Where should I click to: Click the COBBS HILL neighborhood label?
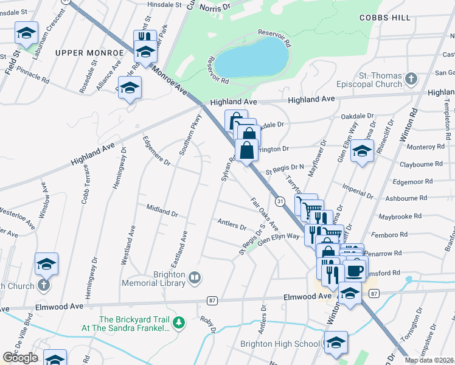[385, 18]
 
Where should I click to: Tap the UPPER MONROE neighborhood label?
[89, 53]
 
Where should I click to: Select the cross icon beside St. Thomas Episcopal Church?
[411, 78]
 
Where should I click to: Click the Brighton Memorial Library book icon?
[195, 278]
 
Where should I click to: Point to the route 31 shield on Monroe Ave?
[280, 200]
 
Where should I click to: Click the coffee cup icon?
[356, 270]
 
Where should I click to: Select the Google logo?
[20, 358]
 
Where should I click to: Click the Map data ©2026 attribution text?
[429, 360]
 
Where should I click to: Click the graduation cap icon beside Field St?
[26, 33]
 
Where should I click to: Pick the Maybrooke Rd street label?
[417, 216]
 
